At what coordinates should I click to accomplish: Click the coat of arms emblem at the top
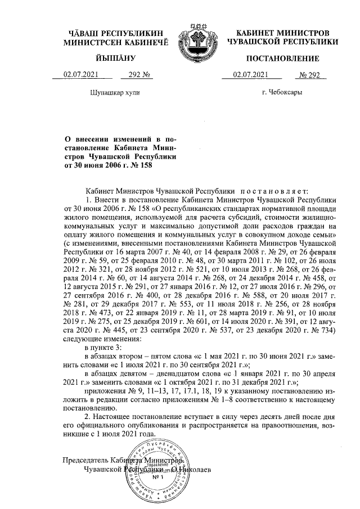[x=196, y=42]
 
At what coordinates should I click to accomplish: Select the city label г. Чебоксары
[x=283, y=91]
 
